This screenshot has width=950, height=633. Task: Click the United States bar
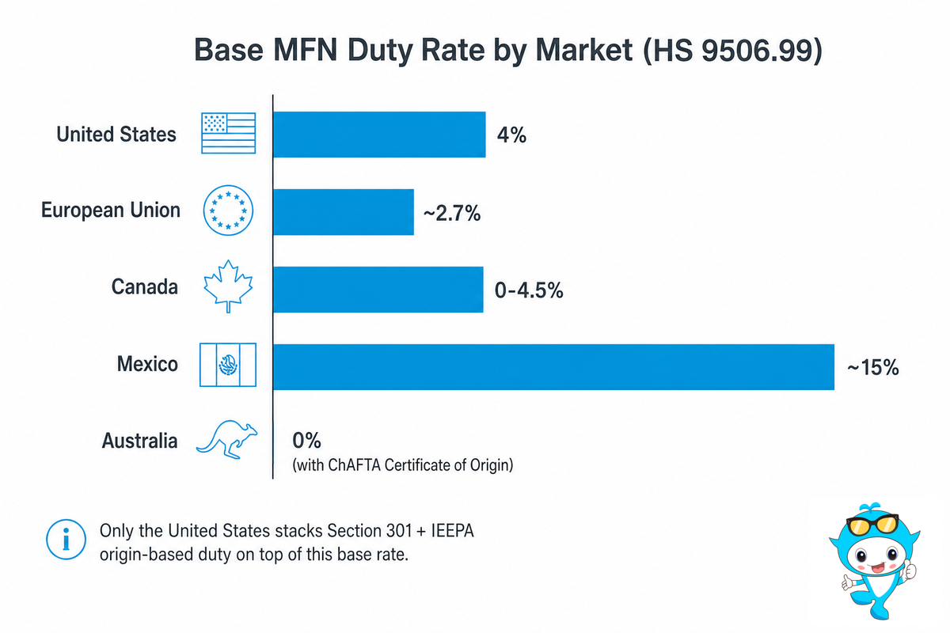379,135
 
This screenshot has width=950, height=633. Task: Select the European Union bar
344,212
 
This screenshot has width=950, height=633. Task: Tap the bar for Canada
378,290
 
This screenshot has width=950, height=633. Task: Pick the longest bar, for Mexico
553,367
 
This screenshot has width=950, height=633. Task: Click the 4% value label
511,135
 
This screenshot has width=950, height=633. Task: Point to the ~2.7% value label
452,213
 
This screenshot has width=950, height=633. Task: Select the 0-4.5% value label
529,290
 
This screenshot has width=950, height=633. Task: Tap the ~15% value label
872,367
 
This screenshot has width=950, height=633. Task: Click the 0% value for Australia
306,441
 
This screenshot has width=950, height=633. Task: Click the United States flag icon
228,133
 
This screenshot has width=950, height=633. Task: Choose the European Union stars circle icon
228,210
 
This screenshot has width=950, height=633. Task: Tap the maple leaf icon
228,286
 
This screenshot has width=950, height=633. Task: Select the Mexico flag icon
228,365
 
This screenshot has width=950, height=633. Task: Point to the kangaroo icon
227,440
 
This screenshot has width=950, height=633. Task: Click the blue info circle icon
66,540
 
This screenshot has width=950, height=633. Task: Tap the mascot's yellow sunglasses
872,525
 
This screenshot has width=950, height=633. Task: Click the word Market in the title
584,51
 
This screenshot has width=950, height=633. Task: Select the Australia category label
139,441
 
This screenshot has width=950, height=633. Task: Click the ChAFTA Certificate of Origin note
403,465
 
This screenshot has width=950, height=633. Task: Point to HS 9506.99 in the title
733,51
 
